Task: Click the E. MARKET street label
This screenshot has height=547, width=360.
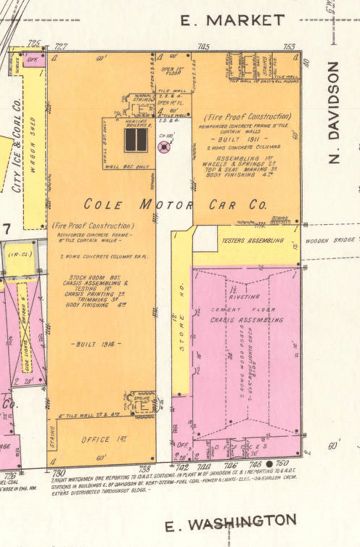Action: click(232, 20)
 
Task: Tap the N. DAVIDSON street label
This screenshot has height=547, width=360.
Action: click(334, 112)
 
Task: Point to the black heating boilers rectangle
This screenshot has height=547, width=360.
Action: click(135, 140)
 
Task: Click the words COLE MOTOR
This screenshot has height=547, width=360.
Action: click(133, 205)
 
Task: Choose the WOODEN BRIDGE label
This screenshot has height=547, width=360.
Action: click(331, 240)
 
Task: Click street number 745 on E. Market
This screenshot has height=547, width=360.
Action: click(203, 46)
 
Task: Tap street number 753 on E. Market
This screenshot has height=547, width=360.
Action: click(290, 46)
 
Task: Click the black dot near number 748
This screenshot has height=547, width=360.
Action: click(269, 463)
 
